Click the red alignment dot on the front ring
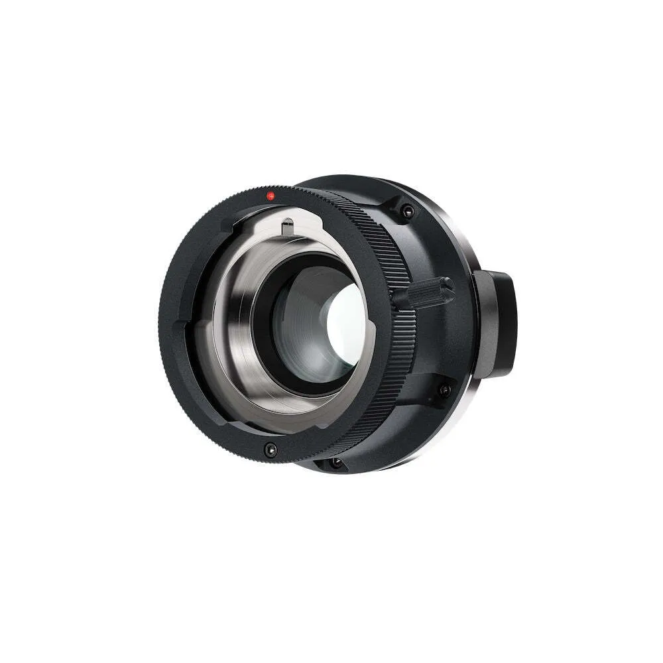tap(270, 196)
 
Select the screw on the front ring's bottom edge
tap(269, 450)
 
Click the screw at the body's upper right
tap(407, 211)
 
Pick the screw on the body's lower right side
tap(444, 390)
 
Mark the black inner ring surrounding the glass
tap(265, 292)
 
